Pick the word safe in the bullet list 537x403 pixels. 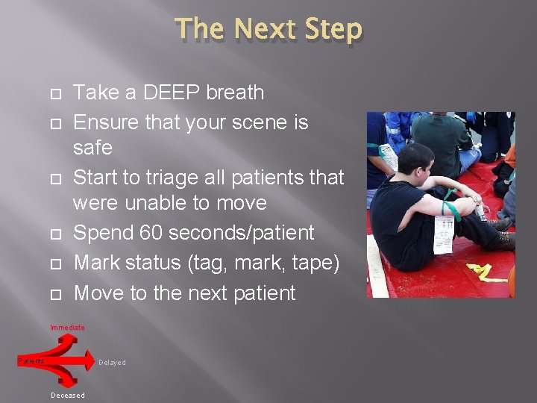tap(92, 148)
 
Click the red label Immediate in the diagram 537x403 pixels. tap(67, 328)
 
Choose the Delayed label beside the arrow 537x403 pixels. tap(112, 363)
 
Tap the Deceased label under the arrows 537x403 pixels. tap(68, 396)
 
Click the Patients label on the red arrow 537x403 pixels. tap(31, 361)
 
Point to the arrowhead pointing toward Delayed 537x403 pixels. tap(88, 363)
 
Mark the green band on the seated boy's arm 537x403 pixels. tap(450, 202)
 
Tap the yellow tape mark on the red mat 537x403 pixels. tap(486, 272)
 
